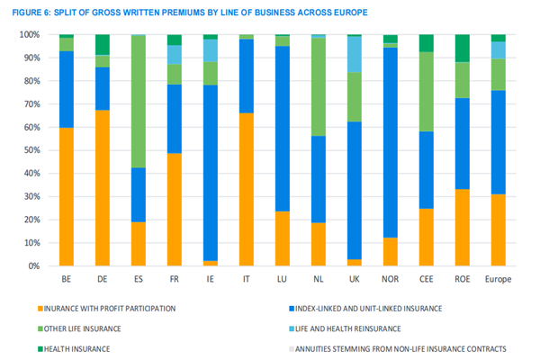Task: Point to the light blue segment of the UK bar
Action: [x=354, y=54]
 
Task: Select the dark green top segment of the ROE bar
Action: [x=463, y=49]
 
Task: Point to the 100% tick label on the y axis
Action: [x=29, y=34]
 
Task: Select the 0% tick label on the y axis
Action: [x=33, y=266]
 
